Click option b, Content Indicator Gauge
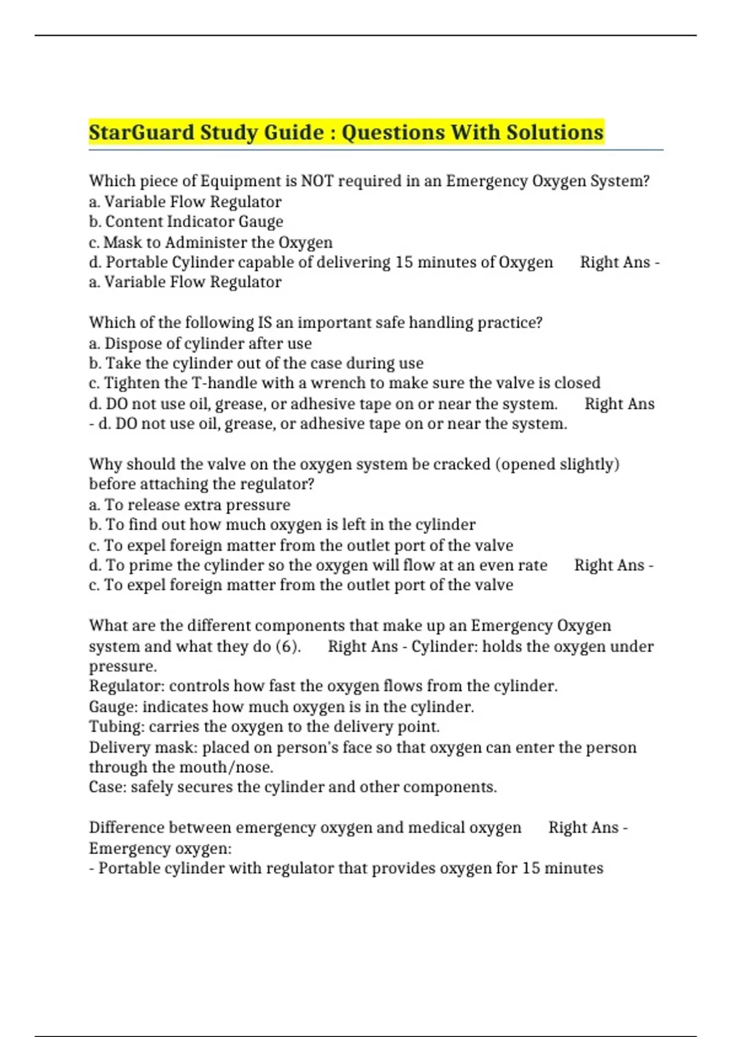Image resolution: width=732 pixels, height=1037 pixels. pyautogui.click(x=186, y=221)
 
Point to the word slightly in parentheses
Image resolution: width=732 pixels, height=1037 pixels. pyautogui.click(x=594, y=464)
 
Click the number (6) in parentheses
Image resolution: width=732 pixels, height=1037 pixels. pyautogui.click(x=288, y=647)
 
